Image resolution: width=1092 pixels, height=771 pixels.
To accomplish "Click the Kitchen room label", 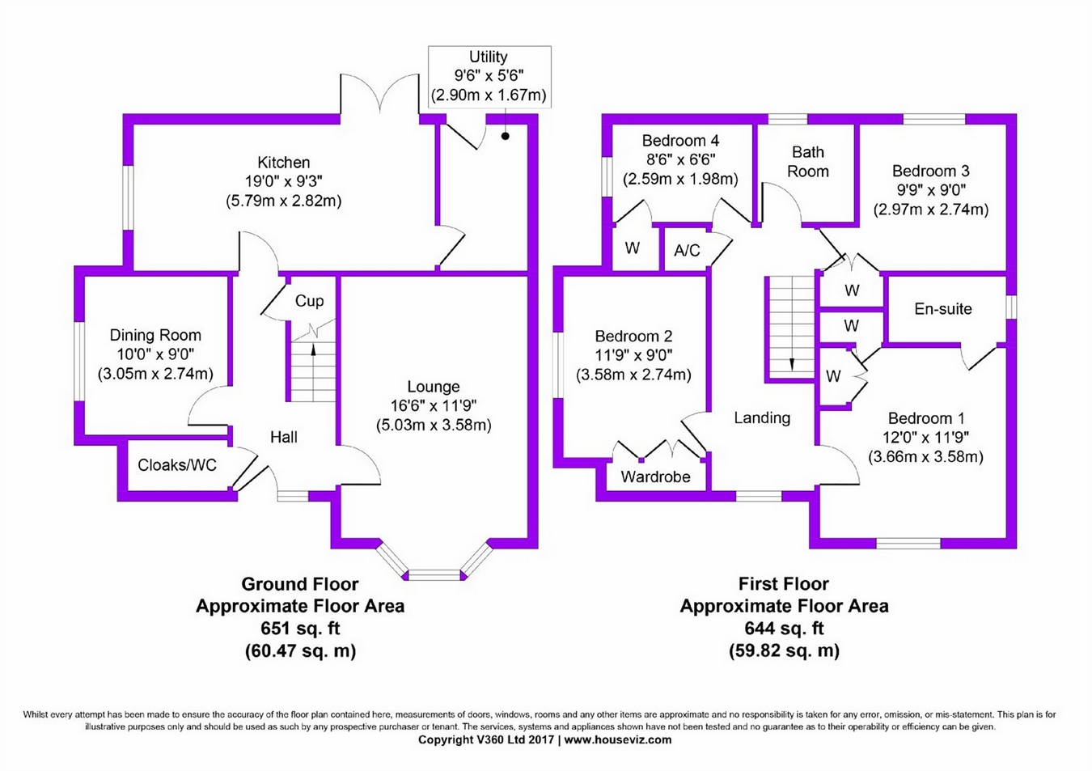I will click(283, 163).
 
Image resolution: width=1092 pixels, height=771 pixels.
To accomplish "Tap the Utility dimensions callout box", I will click(489, 76).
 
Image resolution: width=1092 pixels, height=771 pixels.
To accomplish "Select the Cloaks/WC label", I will click(177, 464).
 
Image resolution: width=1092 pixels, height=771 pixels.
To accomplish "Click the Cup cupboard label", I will click(309, 301).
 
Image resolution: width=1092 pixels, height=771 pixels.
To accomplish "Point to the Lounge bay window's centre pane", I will click(434, 575).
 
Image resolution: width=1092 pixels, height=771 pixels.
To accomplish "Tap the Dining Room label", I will click(155, 335).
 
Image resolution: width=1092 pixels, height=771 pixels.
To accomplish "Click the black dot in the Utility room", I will click(506, 136).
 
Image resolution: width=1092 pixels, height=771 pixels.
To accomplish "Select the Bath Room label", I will click(807, 162).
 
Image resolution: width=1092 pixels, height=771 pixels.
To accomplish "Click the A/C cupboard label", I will click(687, 251).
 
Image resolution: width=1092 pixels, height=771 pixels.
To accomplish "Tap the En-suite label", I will click(942, 308).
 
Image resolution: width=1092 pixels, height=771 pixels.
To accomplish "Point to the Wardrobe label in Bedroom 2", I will click(655, 477).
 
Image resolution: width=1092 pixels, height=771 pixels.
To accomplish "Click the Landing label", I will click(762, 417).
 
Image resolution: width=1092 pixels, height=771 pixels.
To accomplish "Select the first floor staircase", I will click(790, 326).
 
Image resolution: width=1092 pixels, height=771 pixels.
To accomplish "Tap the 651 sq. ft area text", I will click(300, 629).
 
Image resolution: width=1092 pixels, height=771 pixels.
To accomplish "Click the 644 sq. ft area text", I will click(784, 628).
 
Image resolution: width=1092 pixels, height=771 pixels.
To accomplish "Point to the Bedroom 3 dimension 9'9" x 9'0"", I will click(930, 190).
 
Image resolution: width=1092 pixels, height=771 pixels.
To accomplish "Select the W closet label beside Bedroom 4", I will click(632, 248).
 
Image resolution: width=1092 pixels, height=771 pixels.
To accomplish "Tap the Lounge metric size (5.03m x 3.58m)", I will click(434, 425).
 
